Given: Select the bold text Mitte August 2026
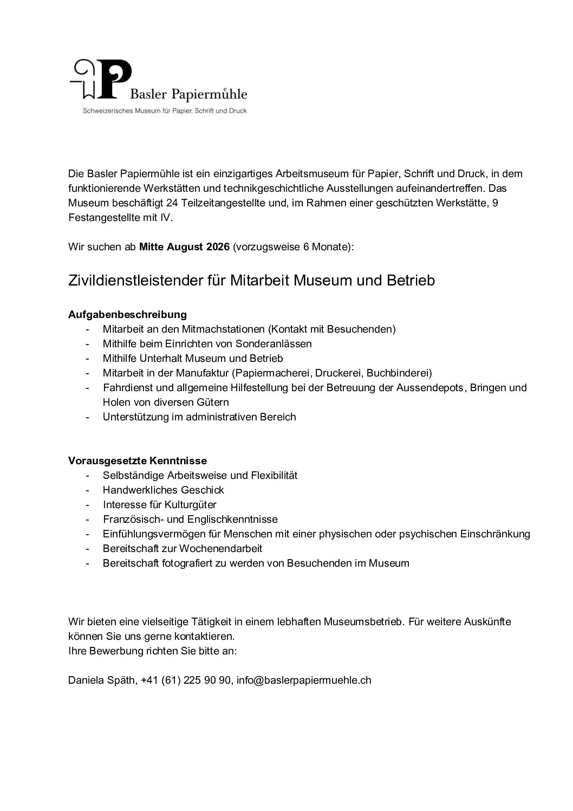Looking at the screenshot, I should coord(185,247).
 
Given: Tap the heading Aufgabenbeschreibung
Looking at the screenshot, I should coord(127,314).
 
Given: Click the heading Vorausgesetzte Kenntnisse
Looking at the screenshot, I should coord(138,460).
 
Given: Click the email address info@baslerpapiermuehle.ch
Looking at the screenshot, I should coord(304,680).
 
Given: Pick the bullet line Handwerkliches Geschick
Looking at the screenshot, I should coord(163,490).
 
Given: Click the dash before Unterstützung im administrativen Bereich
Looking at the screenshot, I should coord(87,417).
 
